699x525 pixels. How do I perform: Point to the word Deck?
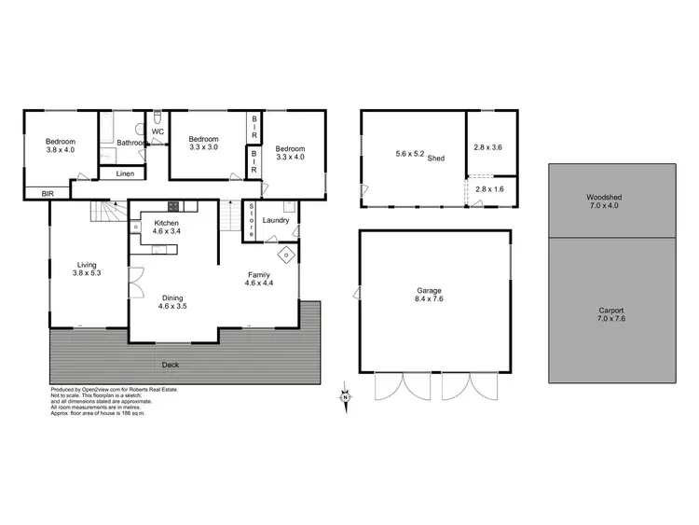click(x=170, y=365)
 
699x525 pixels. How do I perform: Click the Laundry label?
click(x=277, y=221)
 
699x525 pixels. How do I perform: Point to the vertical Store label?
click(x=252, y=222)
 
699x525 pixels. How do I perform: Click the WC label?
click(x=158, y=131)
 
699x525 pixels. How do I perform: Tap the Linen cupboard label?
click(x=124, y=174)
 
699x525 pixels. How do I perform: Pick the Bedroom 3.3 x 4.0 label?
click(x=290, y=152)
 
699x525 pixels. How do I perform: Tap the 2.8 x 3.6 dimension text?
click(x=487, y=147)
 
